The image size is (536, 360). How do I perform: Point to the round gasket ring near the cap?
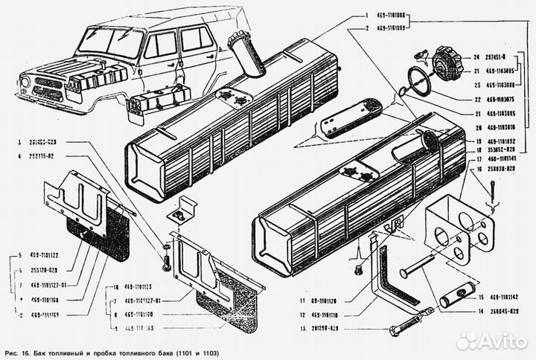418,81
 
